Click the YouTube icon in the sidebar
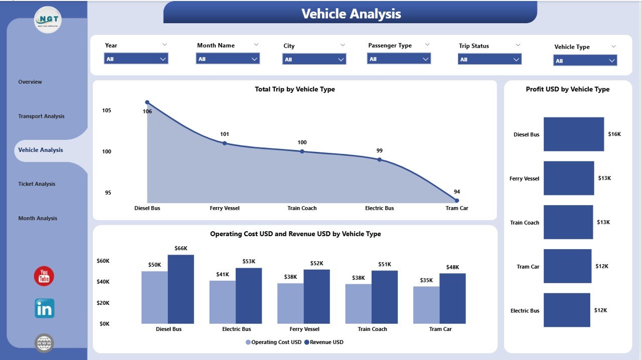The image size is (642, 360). pos(44,276)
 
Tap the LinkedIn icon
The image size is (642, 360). pos(44,308)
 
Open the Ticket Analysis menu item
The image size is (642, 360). pos(37,184)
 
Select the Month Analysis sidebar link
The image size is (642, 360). pos(38,218)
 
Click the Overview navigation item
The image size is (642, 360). pos(30,82)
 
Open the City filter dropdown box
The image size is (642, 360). pos(314,59)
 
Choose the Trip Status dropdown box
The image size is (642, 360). pos(490,59)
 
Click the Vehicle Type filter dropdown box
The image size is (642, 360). pos(585,61)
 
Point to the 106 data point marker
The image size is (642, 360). pos(147,102)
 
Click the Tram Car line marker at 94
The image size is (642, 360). pos(456,201)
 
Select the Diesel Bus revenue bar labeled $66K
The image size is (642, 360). pos(181,289)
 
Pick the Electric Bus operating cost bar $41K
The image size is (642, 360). pos(222,302)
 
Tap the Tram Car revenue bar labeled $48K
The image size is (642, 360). pos(452,298)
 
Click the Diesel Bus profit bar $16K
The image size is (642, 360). pos(574,134)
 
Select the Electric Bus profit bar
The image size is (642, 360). pos(567,310)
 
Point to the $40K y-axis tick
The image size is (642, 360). pos(103,282)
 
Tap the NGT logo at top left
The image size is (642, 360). pos(48,20)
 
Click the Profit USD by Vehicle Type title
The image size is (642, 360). pos(567,89)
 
